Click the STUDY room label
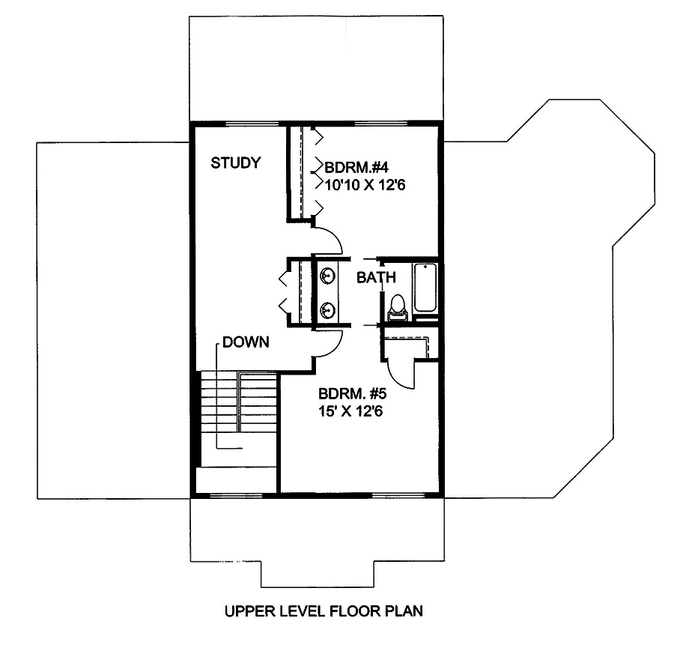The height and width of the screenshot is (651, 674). pyautogui.click(x=235, y=163)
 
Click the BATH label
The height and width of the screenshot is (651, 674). pyautogui.click(x=375, y=278)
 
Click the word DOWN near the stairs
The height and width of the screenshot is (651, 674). pyautogui.click(x=245, y=342)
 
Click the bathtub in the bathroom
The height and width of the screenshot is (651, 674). pyautogui.click(x=425, y=288)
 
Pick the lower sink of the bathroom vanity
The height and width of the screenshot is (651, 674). pyautogui.click(x=327, y=309)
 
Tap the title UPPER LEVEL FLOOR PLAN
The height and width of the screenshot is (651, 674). pyautogui.click(x=324, y=611)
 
